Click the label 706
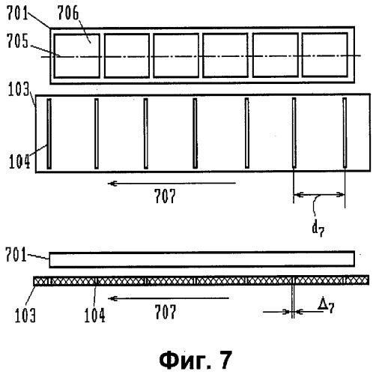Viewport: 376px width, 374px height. coord(68,13)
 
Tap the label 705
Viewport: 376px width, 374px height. coord(17,41)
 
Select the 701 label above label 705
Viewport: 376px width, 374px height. coord(17,13)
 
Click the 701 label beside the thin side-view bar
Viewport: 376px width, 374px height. coord(16,255)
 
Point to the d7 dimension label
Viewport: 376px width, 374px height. coord(318,229)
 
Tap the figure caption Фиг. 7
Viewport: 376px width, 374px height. coord(195,360)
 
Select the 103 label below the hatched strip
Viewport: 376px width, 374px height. coord(25,316)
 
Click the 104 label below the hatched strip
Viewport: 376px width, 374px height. coord(94,316)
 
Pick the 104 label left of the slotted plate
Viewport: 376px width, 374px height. coord(19,161)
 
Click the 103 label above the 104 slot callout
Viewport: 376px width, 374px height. coord(19,89)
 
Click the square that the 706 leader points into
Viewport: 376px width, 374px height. coord(77,55)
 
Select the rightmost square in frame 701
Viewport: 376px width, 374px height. coord(325,55)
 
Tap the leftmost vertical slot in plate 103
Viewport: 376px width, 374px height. coord(49,133)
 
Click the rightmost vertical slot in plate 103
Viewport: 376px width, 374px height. coord(345,133)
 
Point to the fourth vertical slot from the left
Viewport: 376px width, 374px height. coord(195,133)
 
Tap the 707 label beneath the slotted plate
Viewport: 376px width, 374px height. coord(165,196)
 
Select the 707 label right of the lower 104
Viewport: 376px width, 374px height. coord(166,312)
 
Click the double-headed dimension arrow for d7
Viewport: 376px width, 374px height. coord(319,194)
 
